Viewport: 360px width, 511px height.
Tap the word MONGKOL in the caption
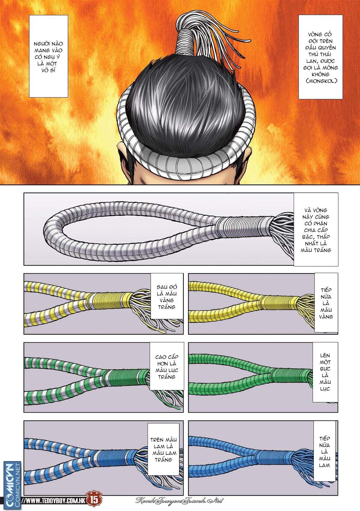[x=320, y=81]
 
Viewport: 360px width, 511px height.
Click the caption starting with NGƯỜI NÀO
[x=49, y=56]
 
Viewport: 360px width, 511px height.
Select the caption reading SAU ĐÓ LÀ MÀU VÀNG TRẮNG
[x=166, y=296]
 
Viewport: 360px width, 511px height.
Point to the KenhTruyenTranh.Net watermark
[x=179, y=501]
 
